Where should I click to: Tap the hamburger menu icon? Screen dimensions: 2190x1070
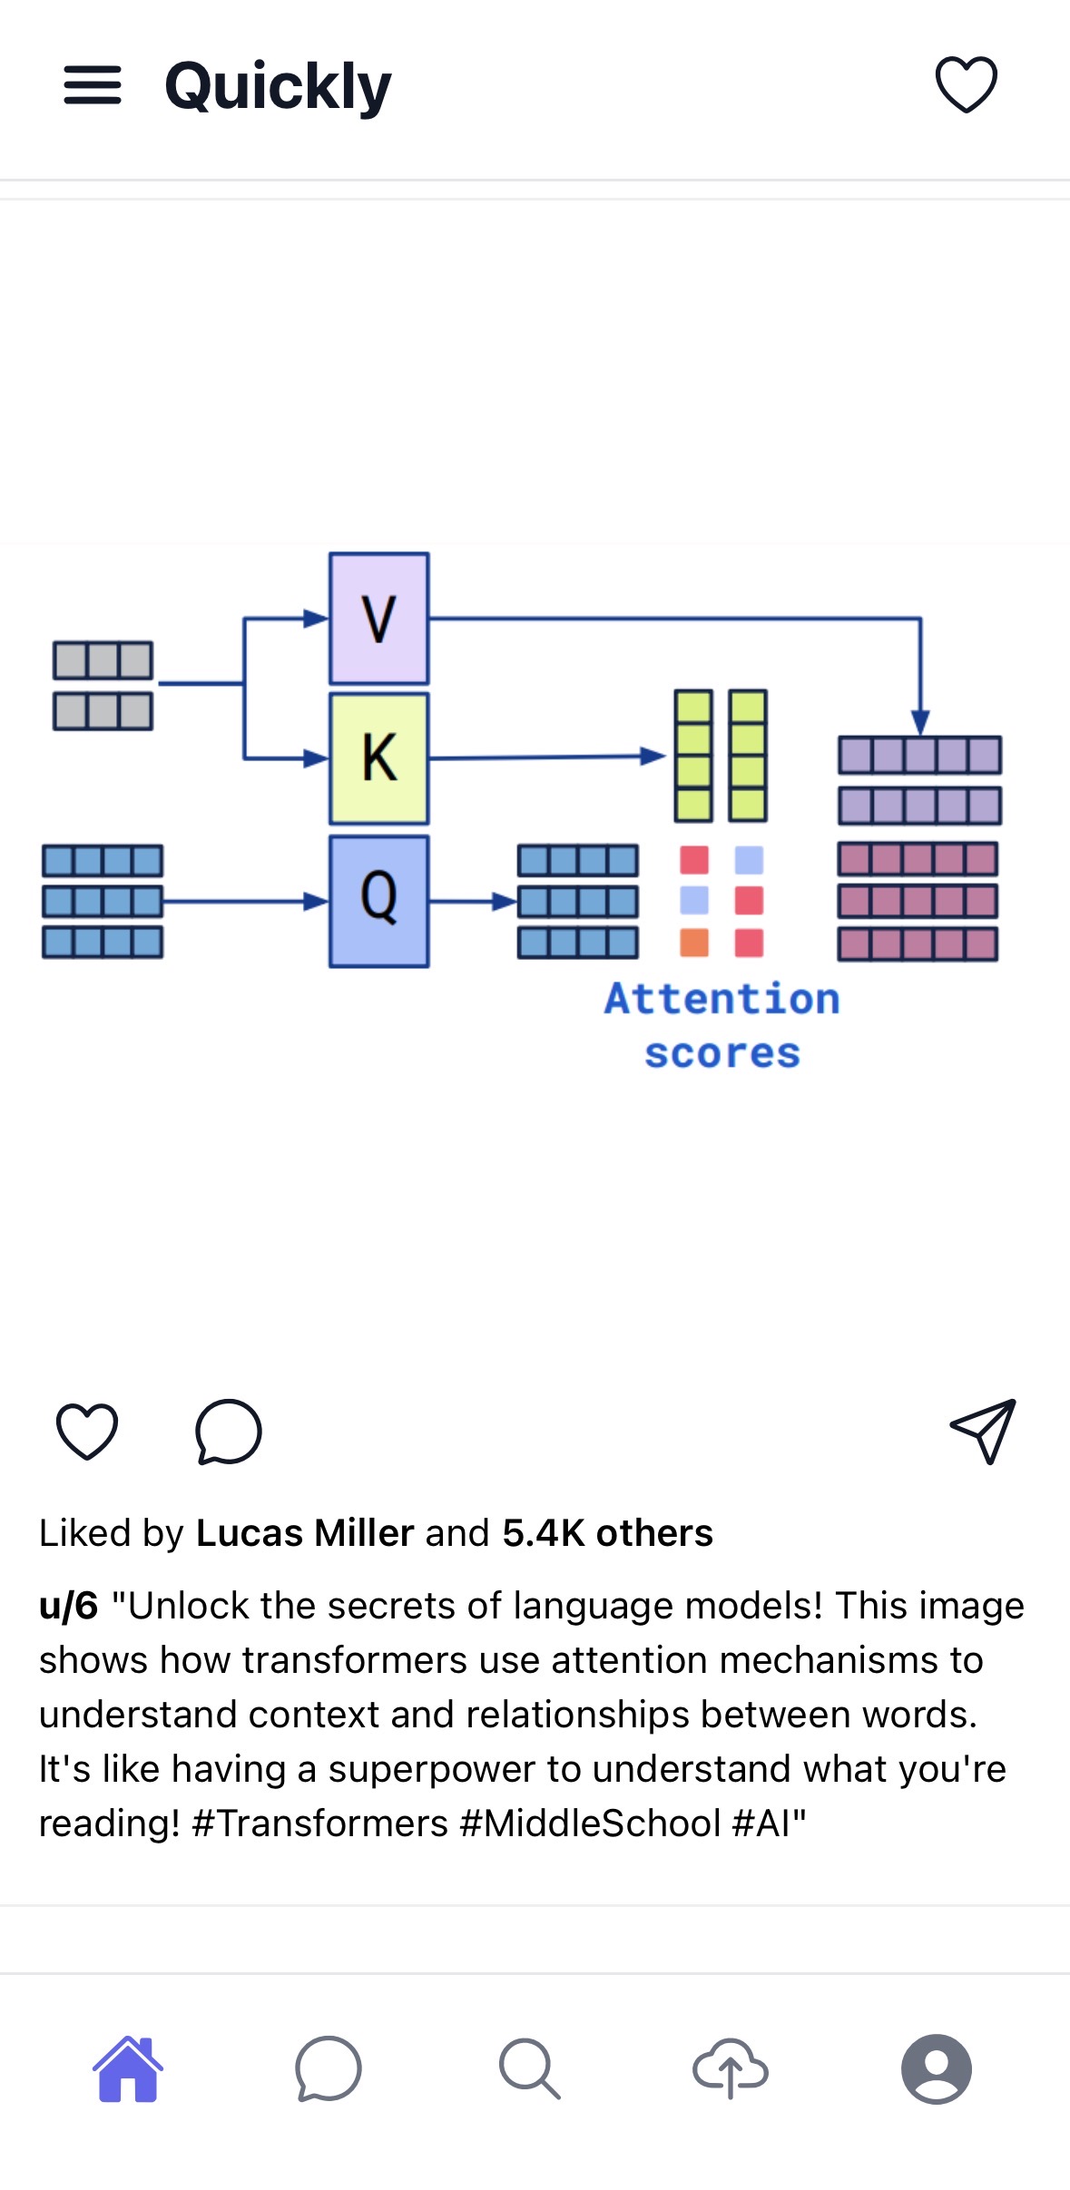click(x=92, y=85)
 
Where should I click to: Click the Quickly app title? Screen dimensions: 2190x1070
click(x=278, y=87)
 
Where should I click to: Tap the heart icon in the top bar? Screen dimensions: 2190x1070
click(x=966, y=84)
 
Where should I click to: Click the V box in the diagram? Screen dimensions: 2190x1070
click(x=379, y=619)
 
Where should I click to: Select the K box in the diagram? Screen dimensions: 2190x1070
click(x=379, y=758)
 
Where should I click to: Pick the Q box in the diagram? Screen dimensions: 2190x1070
click(x=379, y=901)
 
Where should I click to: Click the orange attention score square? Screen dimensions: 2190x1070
click(x=694, y=943)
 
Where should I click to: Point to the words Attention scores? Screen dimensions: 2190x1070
click(x=722, y=1025)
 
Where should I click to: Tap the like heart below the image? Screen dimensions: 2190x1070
click(x=87, y=1432)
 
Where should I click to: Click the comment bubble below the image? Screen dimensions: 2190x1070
click(x=229, y=1432)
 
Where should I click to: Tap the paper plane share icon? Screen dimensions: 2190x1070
click(x=983, y=1432)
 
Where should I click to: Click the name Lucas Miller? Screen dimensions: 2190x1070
click(x=305, y=1533)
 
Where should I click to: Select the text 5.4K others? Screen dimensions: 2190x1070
click(x=607, y=1533)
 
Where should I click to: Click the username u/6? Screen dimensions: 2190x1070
click(x=68, y=1606)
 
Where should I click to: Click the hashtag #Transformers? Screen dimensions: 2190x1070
click(x=320, y=1823)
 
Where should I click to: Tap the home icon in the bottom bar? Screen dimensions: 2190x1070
click(x=128, y=2069)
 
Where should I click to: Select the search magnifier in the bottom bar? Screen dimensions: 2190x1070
click(x=529, y=2069)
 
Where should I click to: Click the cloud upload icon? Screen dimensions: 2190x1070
click(x=731, y=2069)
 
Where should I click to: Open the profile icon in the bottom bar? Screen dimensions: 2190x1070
click(x=936, y=2069)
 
